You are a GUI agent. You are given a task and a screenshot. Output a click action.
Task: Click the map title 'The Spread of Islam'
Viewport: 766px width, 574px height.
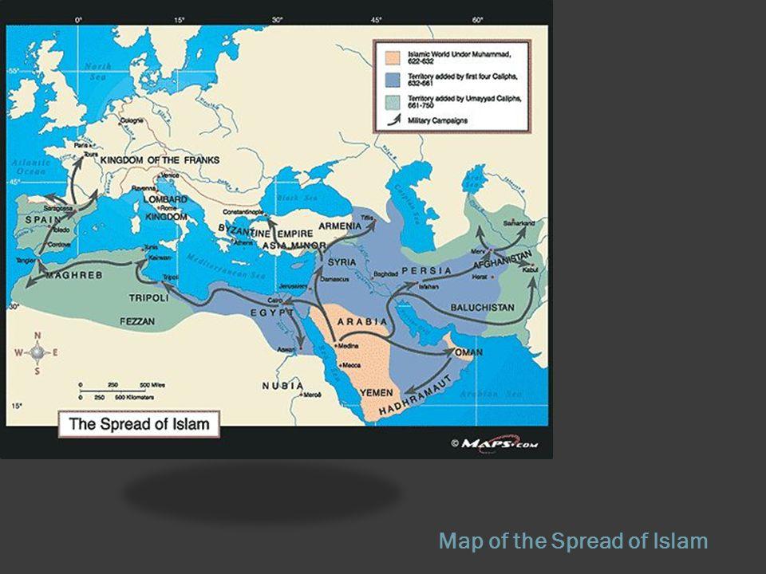tap(139, 423)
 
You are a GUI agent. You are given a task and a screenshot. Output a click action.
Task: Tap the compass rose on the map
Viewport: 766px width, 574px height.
tap(37, 352)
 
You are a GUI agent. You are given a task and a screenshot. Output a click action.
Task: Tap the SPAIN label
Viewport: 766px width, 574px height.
tap(38, 218)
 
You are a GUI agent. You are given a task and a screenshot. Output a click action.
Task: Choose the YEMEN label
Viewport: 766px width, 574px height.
tap(377, 392)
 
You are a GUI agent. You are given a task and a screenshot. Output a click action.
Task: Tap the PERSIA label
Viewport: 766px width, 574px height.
tap(426, 271)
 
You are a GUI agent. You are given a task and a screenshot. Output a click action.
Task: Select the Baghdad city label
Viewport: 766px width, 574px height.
tap(385, 274)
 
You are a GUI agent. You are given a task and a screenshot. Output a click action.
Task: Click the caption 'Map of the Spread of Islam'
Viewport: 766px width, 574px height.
tap(573, 541)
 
